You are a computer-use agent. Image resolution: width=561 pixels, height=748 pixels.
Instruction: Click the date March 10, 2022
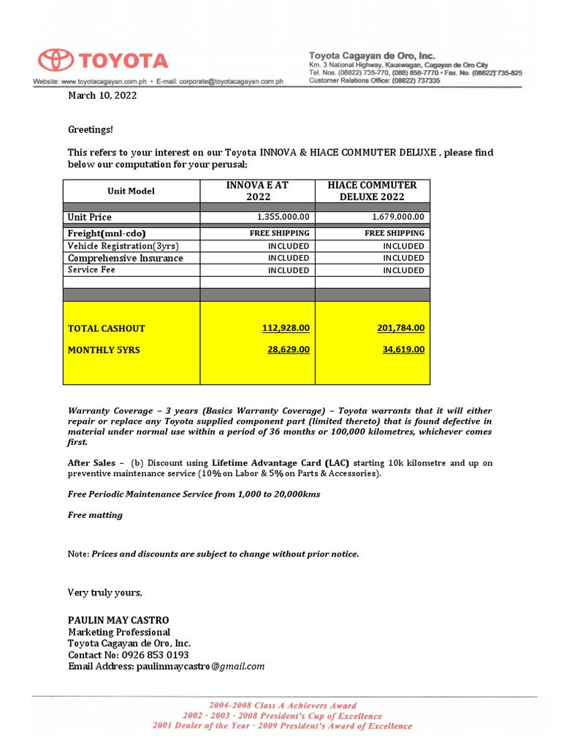(x=102, y=95)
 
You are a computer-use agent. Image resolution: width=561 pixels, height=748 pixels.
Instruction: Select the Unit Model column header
(x=131, y=191)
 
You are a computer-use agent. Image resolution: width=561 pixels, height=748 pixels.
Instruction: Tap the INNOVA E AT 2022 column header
(x=258, y=191)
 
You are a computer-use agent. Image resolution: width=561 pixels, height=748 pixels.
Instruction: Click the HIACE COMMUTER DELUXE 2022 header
(x=373, y=191)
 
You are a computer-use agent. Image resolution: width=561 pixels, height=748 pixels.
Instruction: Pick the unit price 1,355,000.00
(x=283, y=217)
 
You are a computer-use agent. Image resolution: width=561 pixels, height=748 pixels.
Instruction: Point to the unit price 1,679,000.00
(x=398, y=217)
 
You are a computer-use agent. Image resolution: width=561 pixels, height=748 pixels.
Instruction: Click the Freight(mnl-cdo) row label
(x=107, y=234)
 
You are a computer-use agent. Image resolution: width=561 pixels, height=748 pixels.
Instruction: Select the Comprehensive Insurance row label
(x=126, y=258)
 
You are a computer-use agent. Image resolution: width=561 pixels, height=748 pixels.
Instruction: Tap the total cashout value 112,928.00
(x=286, y=328)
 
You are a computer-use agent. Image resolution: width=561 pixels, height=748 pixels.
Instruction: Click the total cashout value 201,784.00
(x=400, y=328)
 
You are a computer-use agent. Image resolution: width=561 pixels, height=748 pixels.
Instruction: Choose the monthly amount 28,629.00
(x=288, y=350)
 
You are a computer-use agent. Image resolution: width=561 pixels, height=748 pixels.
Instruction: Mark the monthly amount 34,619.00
(x=403, y=350)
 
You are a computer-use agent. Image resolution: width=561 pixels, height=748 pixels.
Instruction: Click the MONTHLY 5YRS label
(x=104, y=350)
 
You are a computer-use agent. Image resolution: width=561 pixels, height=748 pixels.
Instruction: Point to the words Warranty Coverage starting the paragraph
(x=110, y=411)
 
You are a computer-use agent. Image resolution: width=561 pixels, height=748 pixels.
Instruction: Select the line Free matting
(x=95, y=515)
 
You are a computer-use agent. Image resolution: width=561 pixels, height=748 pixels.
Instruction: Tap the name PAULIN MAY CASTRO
(x=118, y=620)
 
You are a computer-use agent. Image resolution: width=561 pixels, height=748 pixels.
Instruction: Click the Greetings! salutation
(x=91, y=129)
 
